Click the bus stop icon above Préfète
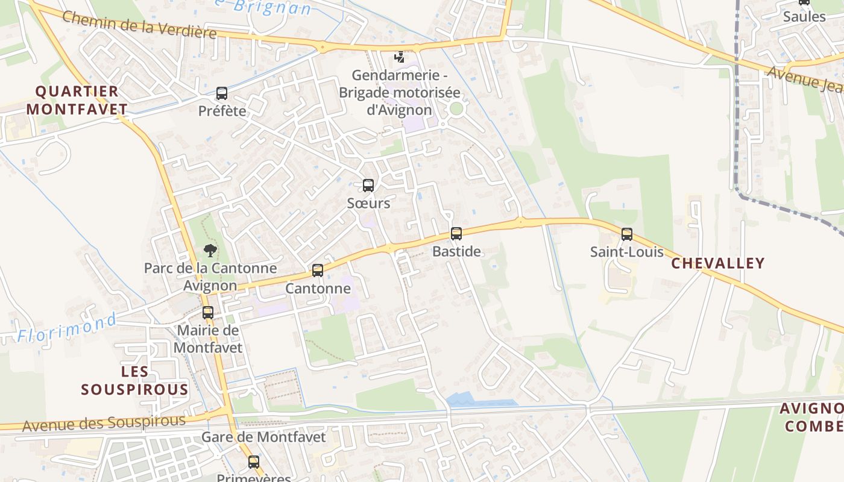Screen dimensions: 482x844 222,93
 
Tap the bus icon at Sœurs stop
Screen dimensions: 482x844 368,186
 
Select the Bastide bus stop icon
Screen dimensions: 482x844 456,234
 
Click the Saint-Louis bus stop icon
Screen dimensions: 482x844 627,234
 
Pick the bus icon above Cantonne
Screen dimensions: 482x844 318,271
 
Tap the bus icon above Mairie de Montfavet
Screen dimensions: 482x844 208,313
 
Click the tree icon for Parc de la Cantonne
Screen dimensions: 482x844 210,251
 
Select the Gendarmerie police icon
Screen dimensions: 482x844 399,57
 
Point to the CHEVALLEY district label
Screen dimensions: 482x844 717,263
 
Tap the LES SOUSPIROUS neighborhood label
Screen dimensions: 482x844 135,380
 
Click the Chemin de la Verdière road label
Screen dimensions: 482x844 139,25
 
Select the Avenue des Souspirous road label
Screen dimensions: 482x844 104,423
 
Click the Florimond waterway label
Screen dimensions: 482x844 66,328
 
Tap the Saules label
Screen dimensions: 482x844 804,16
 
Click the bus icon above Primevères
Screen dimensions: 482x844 254,462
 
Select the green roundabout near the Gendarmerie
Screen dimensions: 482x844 456,108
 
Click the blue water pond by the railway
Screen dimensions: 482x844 480,399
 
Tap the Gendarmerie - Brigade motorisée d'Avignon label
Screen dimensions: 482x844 400,93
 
